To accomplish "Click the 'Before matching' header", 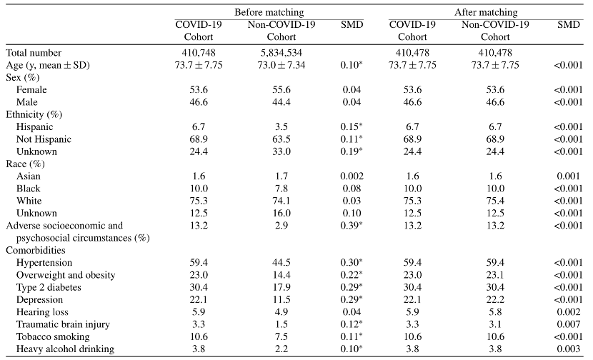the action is (269, 12).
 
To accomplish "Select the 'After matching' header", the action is (486, 12).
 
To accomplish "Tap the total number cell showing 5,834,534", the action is (281, 53).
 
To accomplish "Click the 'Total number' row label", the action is (34, 53).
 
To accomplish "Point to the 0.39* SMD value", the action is (352, 226).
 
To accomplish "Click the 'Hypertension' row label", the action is (44, 263).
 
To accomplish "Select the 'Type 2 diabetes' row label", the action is (49, 287).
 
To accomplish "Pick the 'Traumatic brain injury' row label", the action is (63, 324).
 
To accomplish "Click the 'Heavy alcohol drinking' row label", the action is (65, 349).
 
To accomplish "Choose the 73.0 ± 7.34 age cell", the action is (281, 65).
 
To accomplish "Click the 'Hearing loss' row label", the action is (42, 312).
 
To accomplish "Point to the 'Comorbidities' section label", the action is (36, 250).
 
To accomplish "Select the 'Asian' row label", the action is (29, 176).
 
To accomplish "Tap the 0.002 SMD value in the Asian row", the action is (352, 176).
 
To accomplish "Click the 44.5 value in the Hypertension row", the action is (281, 262).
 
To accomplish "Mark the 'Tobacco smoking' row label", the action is (53, 336).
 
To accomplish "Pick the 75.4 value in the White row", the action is (495, 201).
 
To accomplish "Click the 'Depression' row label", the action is (39, 300).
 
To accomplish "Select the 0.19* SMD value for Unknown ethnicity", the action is (352, 151).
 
